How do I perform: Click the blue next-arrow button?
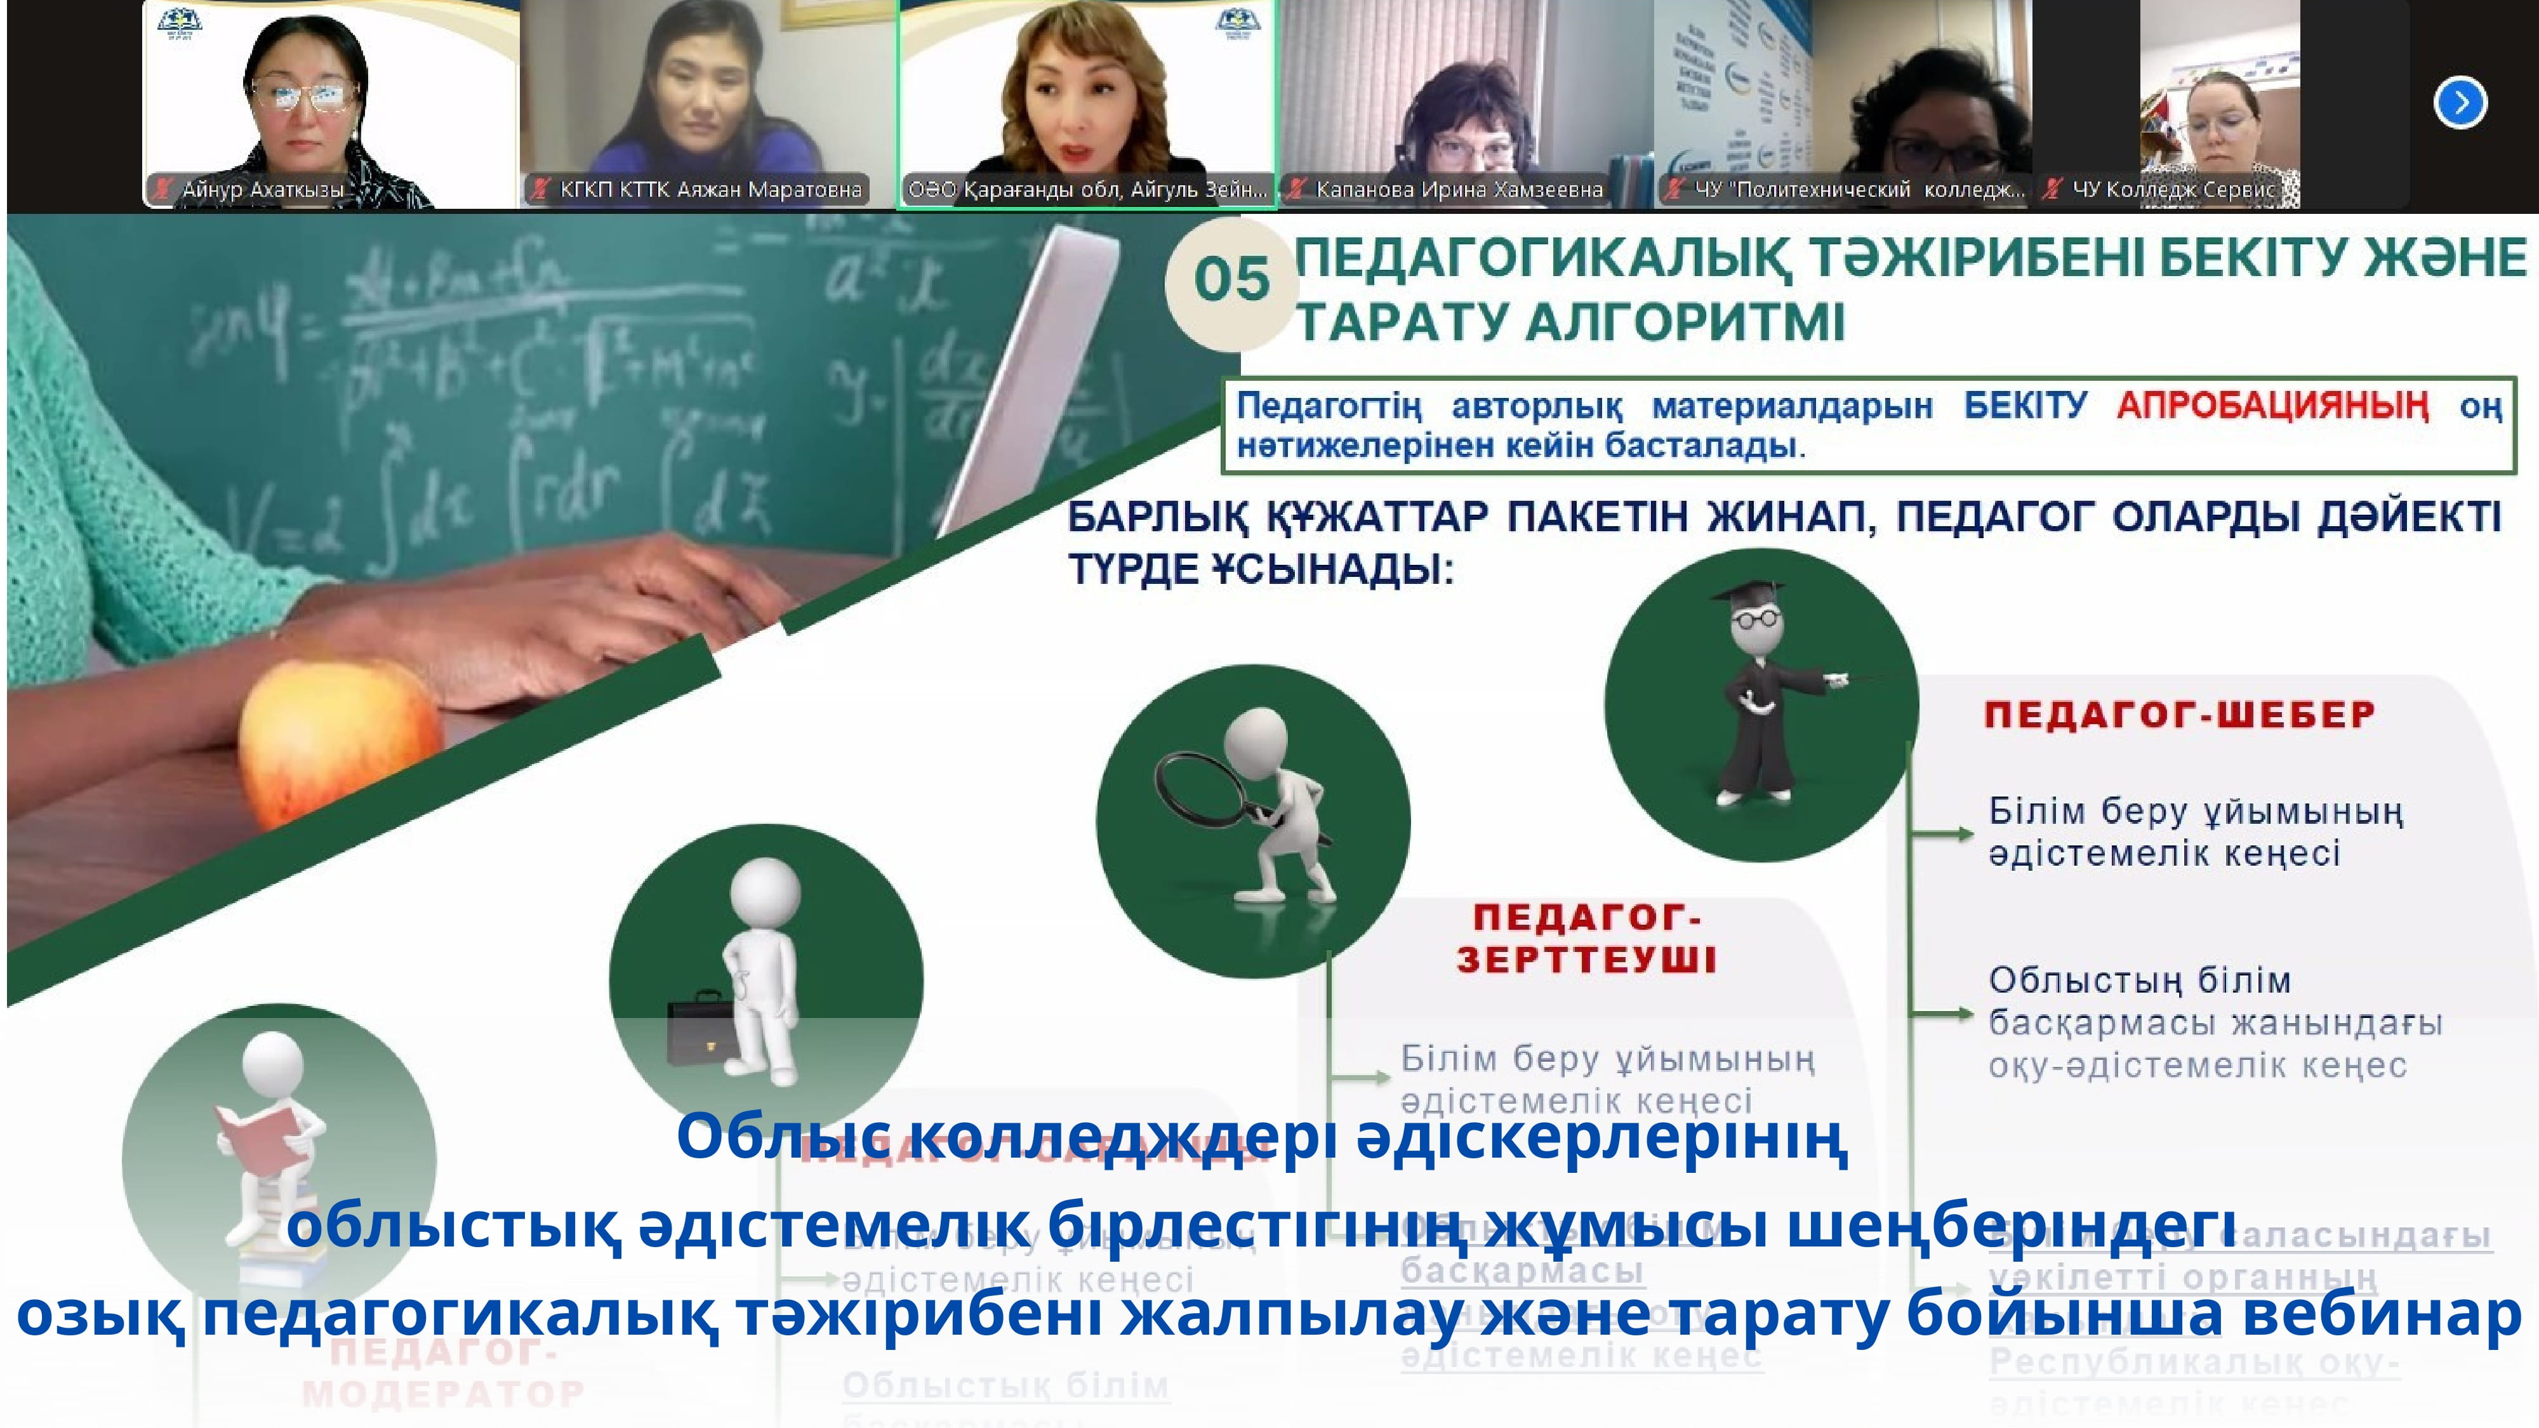tap(2460, 102)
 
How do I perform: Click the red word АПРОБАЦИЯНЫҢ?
tap(2272, 405)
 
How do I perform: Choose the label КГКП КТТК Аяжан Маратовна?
tap(710, 189)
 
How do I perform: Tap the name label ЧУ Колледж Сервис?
tap(2173, 189)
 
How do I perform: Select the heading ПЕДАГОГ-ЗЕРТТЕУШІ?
tap(1587, 938)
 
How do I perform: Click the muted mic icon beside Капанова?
tap(1297, 189)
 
